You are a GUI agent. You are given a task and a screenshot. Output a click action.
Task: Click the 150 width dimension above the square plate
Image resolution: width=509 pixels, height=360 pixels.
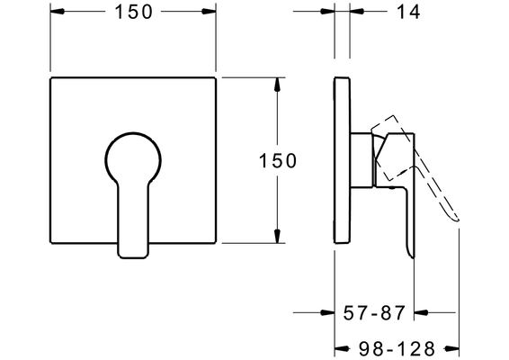tap(133, 12)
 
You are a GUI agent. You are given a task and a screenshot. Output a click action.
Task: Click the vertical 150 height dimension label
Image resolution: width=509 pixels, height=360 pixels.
tap(278, 160)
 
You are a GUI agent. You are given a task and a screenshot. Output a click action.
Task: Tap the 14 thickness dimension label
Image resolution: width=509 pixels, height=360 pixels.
tap(408, 12)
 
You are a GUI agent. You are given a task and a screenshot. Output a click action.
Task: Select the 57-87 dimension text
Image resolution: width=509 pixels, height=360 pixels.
tap(374, 313)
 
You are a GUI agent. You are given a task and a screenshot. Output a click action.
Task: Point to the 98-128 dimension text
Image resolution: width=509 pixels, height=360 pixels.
tap(397, 348)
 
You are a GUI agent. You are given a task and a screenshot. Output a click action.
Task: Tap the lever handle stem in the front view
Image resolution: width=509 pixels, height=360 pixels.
tap(133, 220)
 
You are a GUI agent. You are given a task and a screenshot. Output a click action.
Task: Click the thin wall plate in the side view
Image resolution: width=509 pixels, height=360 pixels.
tap(342, 160)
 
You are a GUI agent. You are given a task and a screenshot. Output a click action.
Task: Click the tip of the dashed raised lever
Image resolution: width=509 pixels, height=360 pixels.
tap(458, 220)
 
